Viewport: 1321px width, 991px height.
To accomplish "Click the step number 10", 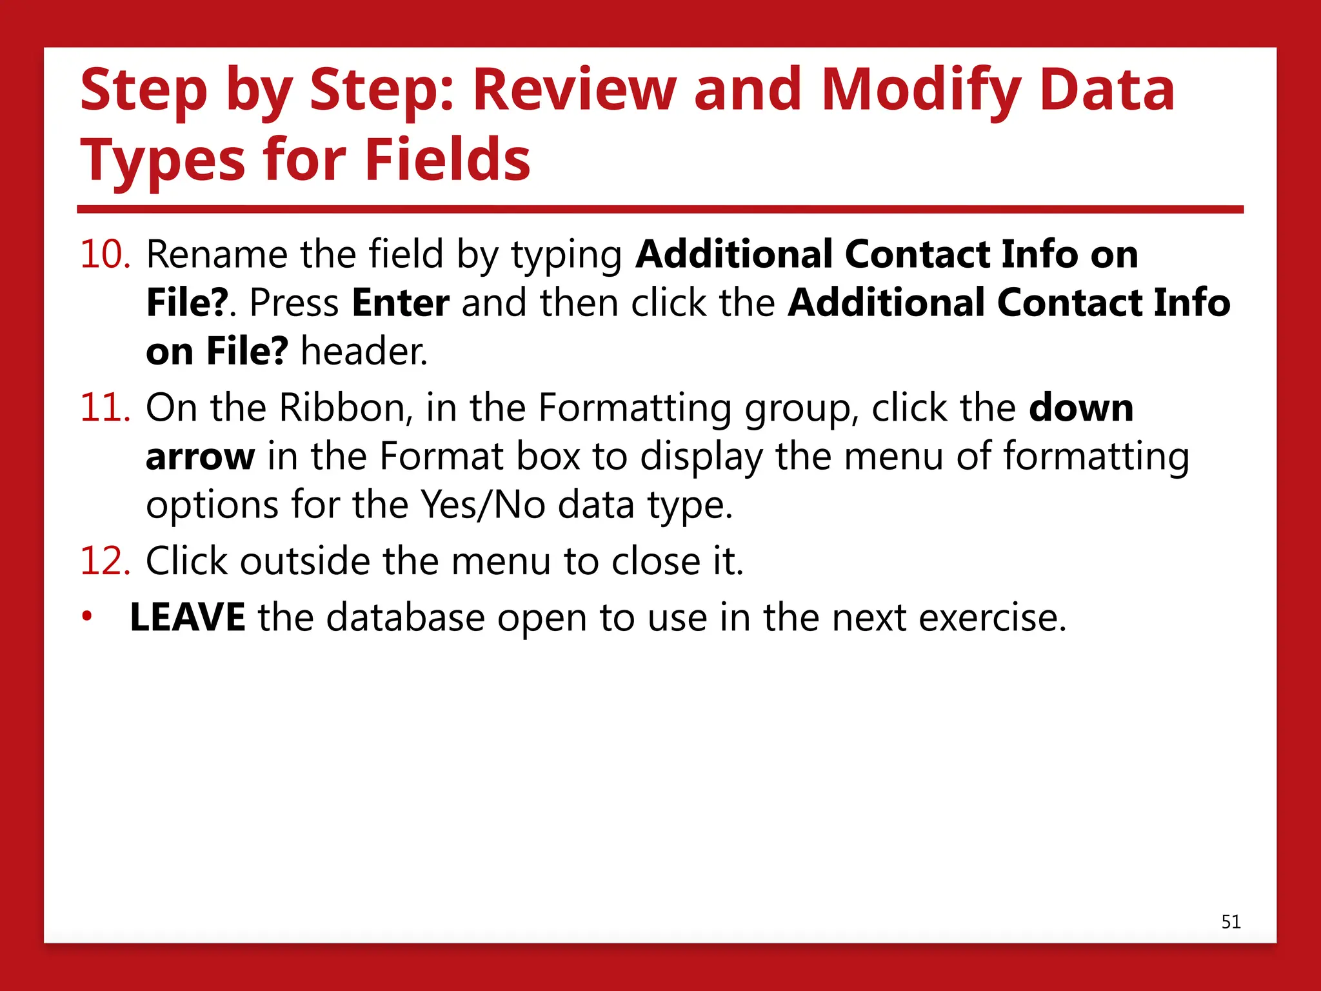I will pyautogui.click(x=105, y=254).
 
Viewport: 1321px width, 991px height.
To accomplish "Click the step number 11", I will pyautogui.click(x=105, y=408).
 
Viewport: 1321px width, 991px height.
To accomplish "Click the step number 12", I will pyautogui.click(x=105, y=561).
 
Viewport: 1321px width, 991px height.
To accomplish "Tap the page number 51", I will pyautogui.click(x=1231, y=922).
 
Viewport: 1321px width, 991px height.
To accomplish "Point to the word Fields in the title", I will pyautogui.click(x=447, y=159).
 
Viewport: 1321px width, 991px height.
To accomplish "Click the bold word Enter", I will pyautogui.click(x=401, y=303).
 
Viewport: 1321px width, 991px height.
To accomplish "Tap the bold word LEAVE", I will pyautogui.click(x=187, y=617).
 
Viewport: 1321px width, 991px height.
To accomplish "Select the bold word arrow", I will pyautogui.click(x=200, y=457).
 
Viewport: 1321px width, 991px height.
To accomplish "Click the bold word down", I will pyautogui.click(x=1081, y=408).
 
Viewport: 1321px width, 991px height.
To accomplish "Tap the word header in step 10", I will pyautogui.click(x=364, y=352).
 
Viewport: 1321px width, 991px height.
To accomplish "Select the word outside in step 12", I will pyautogui.click(x=304, y=561).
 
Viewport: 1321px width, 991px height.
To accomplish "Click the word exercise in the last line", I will pyautogui.click(x=992, y=617).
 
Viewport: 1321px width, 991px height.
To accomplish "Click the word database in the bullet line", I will pyautogui.click(x=405, y=617).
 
